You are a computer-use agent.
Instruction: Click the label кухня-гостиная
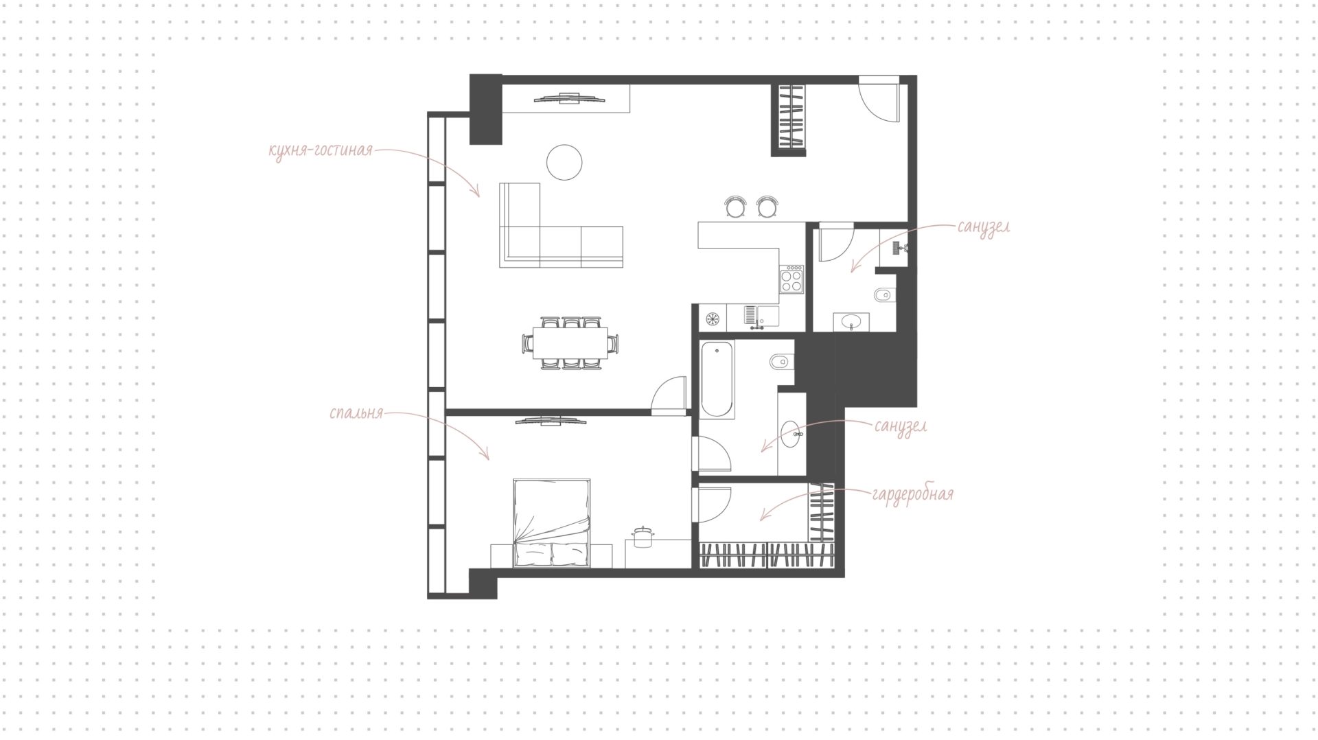321,150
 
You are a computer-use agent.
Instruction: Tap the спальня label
356,414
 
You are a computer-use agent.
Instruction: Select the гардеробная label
913,494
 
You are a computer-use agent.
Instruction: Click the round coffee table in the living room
564,163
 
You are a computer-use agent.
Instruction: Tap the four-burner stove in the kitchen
792,279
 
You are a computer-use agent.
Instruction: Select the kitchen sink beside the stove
761,316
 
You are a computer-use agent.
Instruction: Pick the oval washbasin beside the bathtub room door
791,434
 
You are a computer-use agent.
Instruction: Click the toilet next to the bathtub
783,361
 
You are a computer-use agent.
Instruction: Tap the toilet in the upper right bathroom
885,296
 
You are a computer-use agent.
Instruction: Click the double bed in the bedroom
552,523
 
